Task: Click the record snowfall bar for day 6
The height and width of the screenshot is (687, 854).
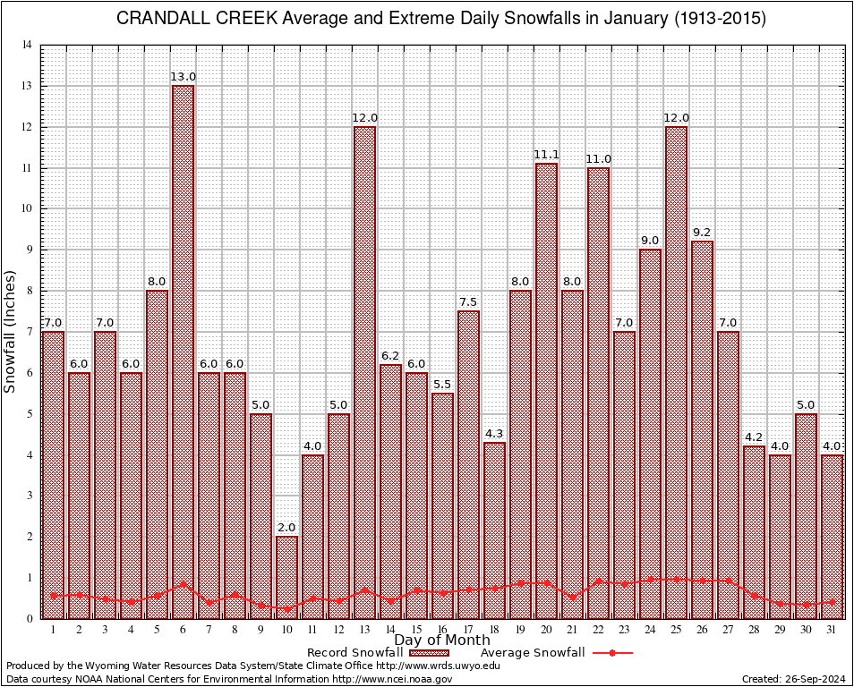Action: tap(183, 349)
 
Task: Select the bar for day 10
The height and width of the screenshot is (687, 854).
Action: tap(286, 572)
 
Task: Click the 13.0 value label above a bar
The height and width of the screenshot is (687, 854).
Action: tap(183, 77)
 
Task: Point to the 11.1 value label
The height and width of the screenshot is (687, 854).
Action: tap(546, 155)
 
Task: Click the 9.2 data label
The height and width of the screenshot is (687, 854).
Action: tap(702, 233)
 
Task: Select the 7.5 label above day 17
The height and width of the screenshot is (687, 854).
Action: tap(468, 302)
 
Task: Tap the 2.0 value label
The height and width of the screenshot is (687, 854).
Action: tap(286, 528)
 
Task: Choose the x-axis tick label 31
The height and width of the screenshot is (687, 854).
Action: tap(832, 629)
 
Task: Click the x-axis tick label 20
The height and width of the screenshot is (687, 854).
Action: tap(546, 629)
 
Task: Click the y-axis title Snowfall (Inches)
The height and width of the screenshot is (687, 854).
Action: tap(11, 331)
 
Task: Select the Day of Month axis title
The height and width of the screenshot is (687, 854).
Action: tap(441, 640)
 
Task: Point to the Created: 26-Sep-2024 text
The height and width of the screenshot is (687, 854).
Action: tap(794, 679)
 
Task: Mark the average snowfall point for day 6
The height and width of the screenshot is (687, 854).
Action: tap(183, 584)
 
